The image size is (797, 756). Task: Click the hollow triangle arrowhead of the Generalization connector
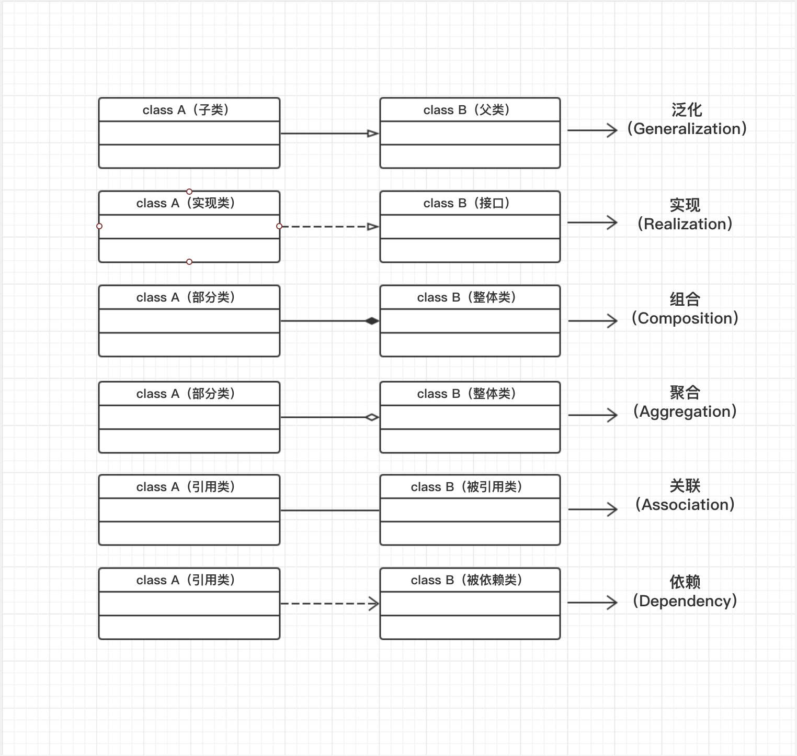[x=373, y=134]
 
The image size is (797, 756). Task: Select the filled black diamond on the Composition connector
[x=372, y=321]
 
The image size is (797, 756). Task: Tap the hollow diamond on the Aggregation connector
[x=372, y=417]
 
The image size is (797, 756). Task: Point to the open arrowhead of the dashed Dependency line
[x=374, y=604]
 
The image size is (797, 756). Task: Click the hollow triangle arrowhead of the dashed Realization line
[x=373, y=227]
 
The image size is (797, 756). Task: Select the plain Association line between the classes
[x=330, y=510]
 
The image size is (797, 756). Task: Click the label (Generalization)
[x=687, y=129]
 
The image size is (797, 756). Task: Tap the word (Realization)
[x=685, y=224]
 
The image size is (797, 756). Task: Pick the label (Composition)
[x=685, y=318]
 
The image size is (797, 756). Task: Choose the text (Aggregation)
[x=685, y=412]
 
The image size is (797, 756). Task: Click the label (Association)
[x=685, y=505]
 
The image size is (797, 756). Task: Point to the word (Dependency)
[x=685, y=601]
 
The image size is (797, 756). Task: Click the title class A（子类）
[x=186, y=110]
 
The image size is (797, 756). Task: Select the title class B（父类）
[x=467, y=110]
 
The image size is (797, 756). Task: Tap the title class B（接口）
[x=467, y=203]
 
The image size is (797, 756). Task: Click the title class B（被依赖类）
[x=467, y=580]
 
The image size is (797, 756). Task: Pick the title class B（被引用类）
[x=467, y=487]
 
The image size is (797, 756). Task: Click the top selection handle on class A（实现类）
[x=189, y=192]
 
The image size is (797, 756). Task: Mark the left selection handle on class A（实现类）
[x=99, y=226]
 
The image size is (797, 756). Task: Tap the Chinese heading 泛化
[x=686, y=110]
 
